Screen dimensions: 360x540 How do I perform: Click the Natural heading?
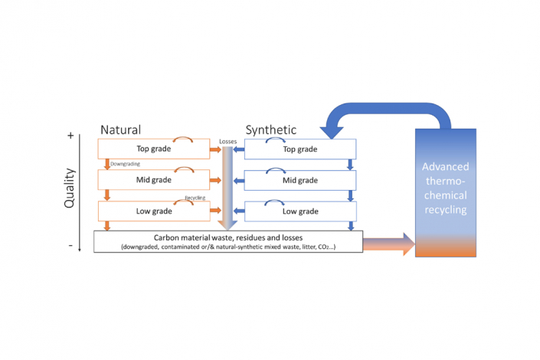click(x=121, y=130)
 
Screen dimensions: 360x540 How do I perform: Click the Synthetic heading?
click(x=270, y=130)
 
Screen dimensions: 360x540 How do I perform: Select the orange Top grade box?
click(x=154, y=149)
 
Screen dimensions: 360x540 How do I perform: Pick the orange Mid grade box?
click(x=154, y=180)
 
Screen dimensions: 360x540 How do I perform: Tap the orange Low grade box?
click(x=154, y=211)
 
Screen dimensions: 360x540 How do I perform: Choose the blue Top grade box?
click(x=300, y=149)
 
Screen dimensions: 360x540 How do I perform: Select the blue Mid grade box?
click(x=300, y=180)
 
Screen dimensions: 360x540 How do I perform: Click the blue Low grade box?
click(x=300, y=211)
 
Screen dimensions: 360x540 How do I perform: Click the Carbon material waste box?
click(x=228, y=241)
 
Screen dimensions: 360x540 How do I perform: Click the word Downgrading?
click(x=125, y=163)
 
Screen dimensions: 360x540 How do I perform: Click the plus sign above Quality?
click(x=70, y=136)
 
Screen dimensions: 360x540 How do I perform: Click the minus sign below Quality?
click(x=70, y=246)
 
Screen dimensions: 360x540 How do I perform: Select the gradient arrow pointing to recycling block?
click(x=387, y=244)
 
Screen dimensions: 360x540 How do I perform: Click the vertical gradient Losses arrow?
click(x=226, y=188)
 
